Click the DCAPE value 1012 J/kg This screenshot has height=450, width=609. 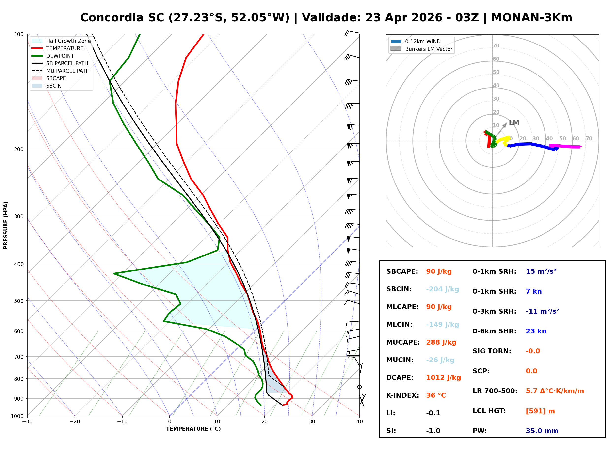point(443,378)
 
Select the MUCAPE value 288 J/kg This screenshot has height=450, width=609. point(441,342)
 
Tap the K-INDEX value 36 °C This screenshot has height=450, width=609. point(436,395)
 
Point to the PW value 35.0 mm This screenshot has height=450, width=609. point(542,431)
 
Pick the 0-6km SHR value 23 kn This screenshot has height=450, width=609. point(536,331)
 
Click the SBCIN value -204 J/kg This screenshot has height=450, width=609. point(442,289)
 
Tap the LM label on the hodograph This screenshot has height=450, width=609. point(514,123)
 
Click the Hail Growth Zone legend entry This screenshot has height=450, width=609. point(68,41)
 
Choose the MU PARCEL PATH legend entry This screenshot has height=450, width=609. point(68,71)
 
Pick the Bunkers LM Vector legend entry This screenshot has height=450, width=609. point(429,49)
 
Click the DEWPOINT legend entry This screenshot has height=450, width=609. point(60,56)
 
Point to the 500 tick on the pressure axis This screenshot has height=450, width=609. point(19,301)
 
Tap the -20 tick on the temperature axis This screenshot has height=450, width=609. point(75,422)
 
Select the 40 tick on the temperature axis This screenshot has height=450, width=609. point(359,422)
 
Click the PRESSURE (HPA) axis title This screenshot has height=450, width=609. point(6,225)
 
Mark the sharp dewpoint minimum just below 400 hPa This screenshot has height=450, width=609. point(114,273)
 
